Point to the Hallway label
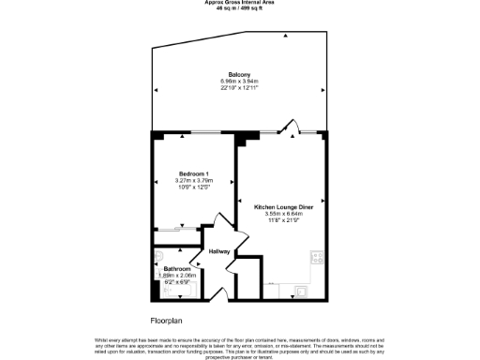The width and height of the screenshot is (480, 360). tap(219, 251)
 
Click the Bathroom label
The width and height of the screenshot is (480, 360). tap(177, 269)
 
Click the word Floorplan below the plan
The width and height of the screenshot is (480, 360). tap(168, 321)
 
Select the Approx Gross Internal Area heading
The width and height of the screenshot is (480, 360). tap(239, 3)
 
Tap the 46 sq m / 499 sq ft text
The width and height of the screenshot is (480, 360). tap(239, 8)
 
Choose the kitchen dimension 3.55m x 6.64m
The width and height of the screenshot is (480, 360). tap(282, 213)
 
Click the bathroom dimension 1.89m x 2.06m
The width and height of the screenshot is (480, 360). tap(177, 275)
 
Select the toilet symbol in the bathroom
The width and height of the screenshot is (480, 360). tap(159, 256)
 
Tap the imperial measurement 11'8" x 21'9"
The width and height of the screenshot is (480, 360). tap(282, 219)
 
